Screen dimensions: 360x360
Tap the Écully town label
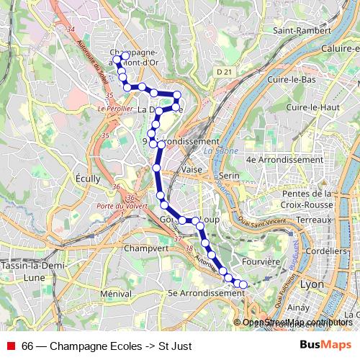click(88, 178)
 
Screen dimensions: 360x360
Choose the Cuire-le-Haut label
click(312, 107)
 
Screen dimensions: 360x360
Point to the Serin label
click(229, 176)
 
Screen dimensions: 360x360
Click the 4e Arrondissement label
click(284, 159)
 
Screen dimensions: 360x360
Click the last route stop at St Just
click(243, 285)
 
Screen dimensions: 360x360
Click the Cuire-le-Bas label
click(292, 78)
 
